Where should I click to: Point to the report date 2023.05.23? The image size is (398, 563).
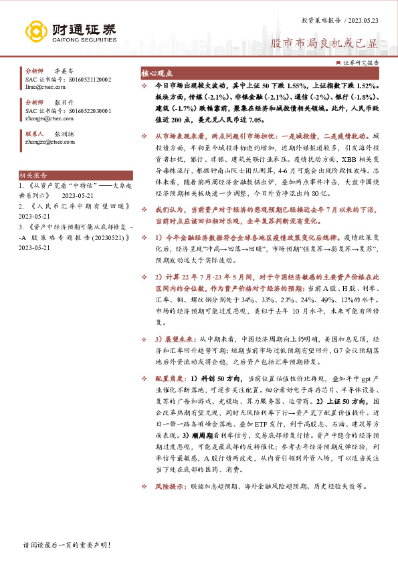click(363, 21)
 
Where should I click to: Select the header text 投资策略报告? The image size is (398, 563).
click(320, 21)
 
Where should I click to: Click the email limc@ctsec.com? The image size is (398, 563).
click(41, 87)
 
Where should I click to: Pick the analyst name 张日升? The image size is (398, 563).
click(64, 102)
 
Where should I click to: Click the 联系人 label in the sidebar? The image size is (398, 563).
click(35, 134)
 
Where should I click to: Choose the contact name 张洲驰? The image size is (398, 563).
click(64, 134)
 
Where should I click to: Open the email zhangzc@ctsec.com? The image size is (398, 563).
click(45, 142)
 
